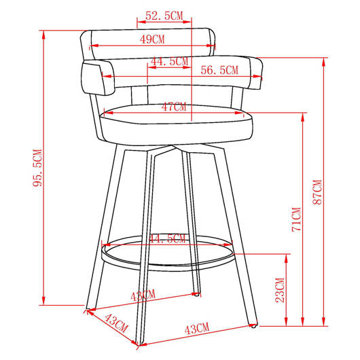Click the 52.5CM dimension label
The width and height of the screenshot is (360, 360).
pos(164,16)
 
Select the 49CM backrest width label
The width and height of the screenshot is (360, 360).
pos(152,39)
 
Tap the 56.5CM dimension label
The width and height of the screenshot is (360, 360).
pos(219,70)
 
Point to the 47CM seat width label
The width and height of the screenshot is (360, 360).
pos(174,107)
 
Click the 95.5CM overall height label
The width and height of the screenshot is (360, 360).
pos(37,168)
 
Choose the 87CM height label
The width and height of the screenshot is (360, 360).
pos(317,192)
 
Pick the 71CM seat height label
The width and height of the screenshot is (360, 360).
pos(296,219)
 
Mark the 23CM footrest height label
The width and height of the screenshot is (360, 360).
pos(280,290)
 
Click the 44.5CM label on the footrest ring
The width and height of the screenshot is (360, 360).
pos(167,239)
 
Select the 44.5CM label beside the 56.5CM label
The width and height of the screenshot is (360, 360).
pos(169,61)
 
